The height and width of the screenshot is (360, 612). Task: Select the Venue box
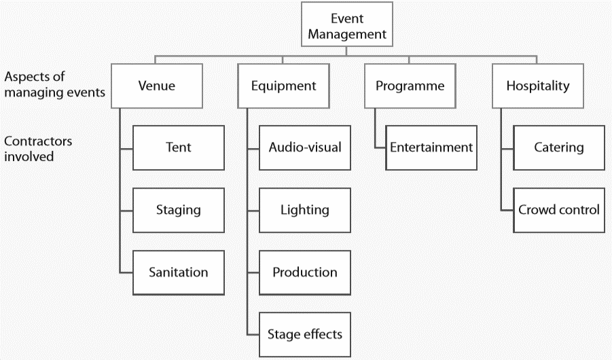click(156, 86)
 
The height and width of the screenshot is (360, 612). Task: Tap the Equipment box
click(283, 86)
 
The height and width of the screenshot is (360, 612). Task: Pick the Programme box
click(410, 86)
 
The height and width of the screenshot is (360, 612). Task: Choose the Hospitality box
click(537, 86)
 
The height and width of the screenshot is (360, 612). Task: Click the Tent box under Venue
click(178, 147)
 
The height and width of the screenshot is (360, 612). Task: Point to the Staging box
click(178, 210)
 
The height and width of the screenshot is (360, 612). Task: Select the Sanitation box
click(178, 272)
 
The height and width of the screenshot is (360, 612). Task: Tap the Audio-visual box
click(305, 147)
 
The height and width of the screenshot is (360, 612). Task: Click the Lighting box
click(305, 210)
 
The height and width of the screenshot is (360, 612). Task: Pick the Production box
click(305, 272)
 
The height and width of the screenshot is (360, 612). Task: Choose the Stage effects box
click(305, 334)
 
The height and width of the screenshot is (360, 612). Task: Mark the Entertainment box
click(431, 147)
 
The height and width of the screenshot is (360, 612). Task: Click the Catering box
click(558, 147)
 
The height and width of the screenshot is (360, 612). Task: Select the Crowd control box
click(558, 210)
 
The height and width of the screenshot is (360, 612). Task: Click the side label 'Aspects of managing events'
click(54, 85)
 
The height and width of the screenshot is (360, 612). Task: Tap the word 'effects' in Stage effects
click(322, 334)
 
